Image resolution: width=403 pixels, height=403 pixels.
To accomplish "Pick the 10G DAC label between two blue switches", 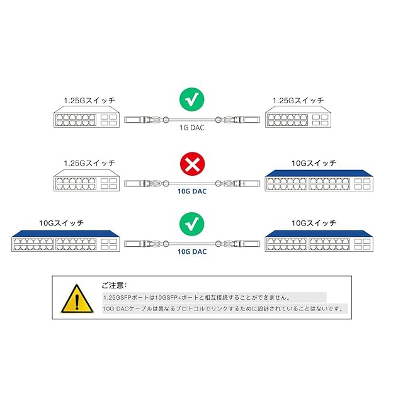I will [x=192, y=251].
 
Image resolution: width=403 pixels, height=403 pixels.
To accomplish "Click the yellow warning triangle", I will [x=75, y=298].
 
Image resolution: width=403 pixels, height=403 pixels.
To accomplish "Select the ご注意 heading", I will [x=114, y=285].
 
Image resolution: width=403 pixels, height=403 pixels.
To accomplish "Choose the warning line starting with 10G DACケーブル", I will [x=224, y=309].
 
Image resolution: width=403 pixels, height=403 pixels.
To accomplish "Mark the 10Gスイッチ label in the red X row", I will [x=312, y=162].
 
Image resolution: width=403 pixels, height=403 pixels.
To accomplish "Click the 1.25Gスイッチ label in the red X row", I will [x=89, y=162].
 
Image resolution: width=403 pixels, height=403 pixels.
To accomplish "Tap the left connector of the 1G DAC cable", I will [x=144, y=119].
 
